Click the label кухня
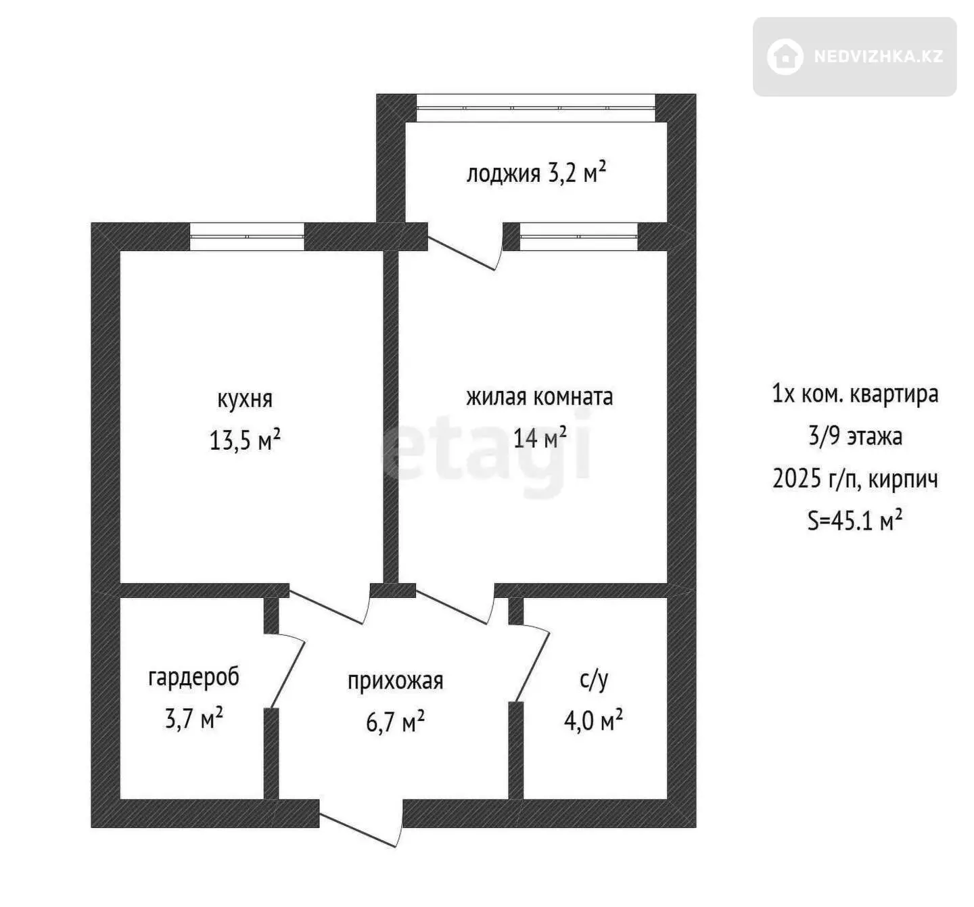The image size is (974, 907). click(245, 400)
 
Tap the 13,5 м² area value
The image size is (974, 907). click(245, 440)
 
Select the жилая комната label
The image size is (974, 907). click(540, 397)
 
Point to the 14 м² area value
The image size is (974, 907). click(540, 437)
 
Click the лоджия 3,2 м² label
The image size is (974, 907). click(536, 172)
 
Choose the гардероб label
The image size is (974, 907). click(193, 678)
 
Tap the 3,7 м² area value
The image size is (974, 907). click(193, 719)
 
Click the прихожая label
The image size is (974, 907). click(395, 681)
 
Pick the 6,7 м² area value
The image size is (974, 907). click(395, 722)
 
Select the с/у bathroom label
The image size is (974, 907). click(593, 679)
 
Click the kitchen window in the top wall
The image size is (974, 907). click(247, 237)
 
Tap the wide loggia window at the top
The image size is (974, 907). click(536, 108)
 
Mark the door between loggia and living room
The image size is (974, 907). click(461, 253)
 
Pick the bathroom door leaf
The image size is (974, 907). click(532, 667)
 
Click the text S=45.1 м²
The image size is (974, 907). click(855, 520)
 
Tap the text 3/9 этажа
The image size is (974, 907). click(855, 436)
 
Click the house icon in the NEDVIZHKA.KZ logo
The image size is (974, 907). click(785, 57)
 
